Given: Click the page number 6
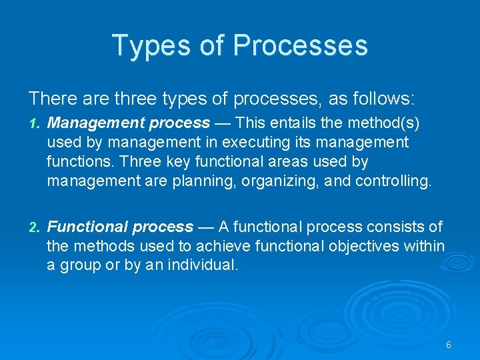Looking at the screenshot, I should click(449, 345).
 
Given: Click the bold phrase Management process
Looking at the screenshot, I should click(129, 123).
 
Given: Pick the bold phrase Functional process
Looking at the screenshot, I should click(121, 227).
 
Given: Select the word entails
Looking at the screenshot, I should click(294, 123).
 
